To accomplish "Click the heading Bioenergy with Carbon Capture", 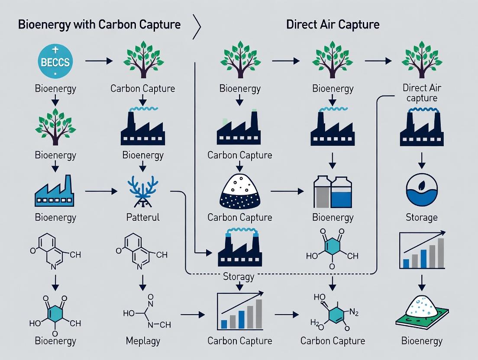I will [x=99, y=24].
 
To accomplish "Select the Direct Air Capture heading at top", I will [x=333, y=24].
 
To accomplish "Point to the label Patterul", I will [x=142, y=217].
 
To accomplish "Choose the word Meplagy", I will [x=142, y=341].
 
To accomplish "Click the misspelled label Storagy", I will [x=238, y=276].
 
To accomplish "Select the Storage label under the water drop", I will [x=421, y=217].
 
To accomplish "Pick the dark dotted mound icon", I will [x=239, y=191].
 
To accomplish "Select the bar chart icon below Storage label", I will [x=421, y=251].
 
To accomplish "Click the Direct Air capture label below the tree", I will [x=421, y=93].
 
